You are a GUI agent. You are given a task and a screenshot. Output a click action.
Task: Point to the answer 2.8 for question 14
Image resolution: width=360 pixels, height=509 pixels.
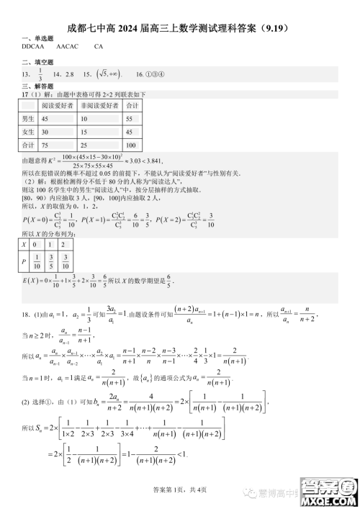coord(70,74)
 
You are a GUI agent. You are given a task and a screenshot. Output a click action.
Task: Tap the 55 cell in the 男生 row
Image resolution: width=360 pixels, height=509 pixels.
coord(130,119)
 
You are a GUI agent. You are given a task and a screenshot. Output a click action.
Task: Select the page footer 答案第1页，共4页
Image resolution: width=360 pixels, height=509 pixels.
coord(179,490)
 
